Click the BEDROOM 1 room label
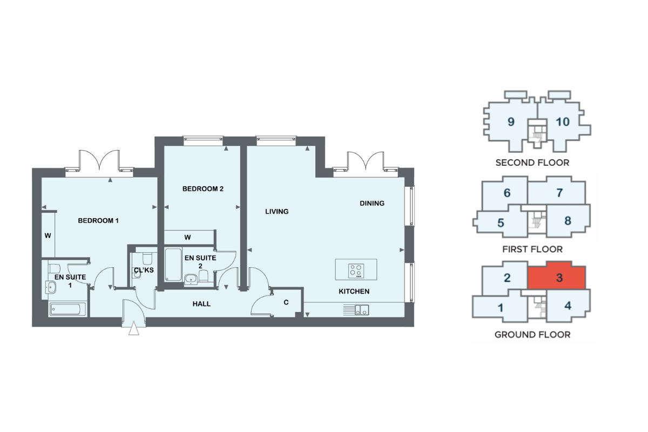tap(98, 221)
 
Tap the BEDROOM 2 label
tap(203, 189)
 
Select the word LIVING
tap(277, 212)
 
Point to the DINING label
tap(372, 204)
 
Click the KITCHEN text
tap(354, 292)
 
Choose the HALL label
tap(201, 304)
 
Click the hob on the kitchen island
tap(356, 271)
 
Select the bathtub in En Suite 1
tap(68, 309)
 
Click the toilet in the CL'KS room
tap(147, 259)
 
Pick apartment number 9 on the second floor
tap(511, 122)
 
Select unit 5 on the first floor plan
tap(501, 223)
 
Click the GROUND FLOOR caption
tap(532, 335)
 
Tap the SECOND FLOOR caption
tap(532, 163)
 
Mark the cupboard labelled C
tap(286, 302)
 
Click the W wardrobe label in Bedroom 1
tap(48, 236)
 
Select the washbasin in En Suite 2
tap(191, 279)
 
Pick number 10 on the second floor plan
tap(562, 122)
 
